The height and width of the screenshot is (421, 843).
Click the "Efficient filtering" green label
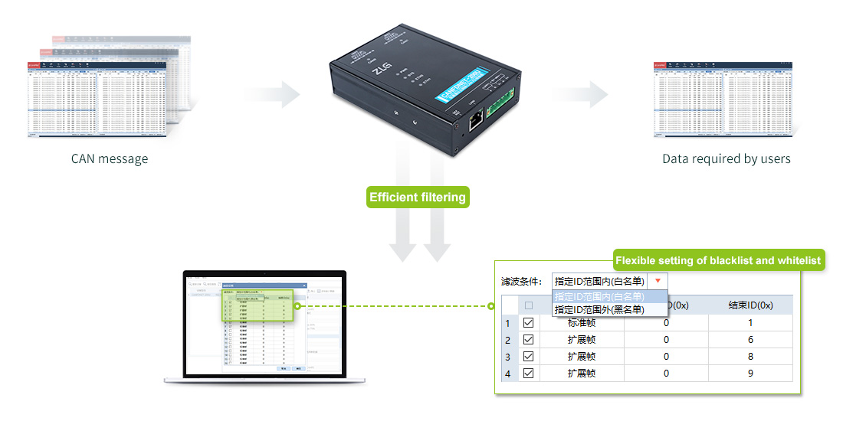pyautogui.click(x=418, y=197)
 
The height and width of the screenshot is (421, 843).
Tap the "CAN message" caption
pyautogui.click(x=110, y=159)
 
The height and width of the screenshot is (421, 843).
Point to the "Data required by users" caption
pyautogui.click(x=727, y=159)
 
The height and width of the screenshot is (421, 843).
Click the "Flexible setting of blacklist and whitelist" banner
pyautogui.click(x=718, y=260)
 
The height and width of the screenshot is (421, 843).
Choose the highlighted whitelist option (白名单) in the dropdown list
pyautogui.click(x=599, y=297)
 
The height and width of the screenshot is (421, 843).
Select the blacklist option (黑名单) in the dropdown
pyautogui.click(x=599, y=309)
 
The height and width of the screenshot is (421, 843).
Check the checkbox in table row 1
pyautogui.click(x=528, y=323)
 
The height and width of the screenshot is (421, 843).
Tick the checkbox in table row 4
pyautogui.click(x=528, y=374)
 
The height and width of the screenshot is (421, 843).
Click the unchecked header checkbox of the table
pyautogui.click(x=528, y=305)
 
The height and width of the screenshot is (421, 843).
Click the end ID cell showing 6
pyautogui.click(x=750, y=340)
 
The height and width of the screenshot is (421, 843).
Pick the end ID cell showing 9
pyautogui.click(x=750, y=374)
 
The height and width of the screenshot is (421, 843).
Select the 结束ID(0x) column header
pyautogui.click(x=750, y=305)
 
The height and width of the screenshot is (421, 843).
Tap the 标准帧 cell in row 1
pyautogui.click(x=582, y=323)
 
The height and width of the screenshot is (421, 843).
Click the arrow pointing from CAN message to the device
pyautogui.click(x=272, y=94)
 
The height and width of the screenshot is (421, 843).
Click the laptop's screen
pyautogui.click(x=264, y=325)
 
